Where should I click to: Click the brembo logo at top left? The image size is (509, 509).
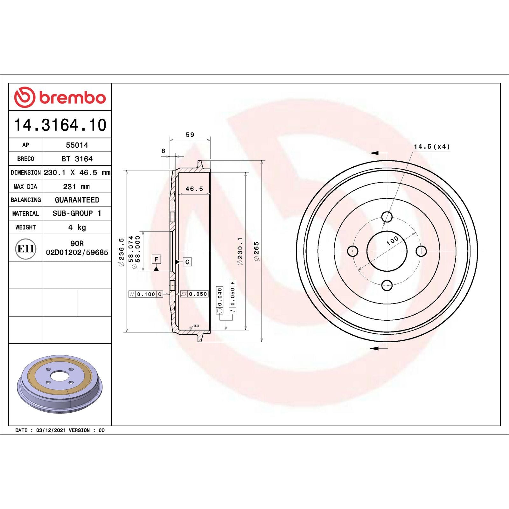60,97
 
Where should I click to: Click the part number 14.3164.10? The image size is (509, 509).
60,125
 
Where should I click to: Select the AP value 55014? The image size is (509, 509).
77,145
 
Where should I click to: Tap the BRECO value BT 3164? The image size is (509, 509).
77,159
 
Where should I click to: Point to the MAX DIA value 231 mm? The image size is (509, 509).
76,187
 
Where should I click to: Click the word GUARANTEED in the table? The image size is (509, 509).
77,200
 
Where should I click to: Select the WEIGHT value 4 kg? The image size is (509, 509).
77,227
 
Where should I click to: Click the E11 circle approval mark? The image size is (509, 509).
25,249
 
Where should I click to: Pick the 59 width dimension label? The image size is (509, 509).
190,135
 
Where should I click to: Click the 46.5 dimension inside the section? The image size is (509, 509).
194,189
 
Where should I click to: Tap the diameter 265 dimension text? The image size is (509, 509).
256,251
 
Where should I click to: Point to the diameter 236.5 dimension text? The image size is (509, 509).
121,252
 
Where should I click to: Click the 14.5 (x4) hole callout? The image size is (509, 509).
432,147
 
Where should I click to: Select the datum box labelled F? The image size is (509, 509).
156,259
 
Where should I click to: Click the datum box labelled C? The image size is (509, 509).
187,262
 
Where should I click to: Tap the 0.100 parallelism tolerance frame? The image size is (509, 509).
146,294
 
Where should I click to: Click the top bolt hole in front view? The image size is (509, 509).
387,217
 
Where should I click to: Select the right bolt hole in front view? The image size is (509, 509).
421,251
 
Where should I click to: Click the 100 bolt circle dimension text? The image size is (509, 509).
393,241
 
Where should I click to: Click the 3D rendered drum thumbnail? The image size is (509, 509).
60,384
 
